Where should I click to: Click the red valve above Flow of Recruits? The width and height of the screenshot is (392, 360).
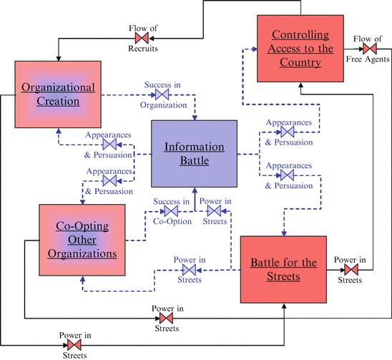pos(143,37)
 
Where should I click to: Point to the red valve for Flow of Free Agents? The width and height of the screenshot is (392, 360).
pos(369,49)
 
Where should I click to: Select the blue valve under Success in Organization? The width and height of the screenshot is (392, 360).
pos(163,94)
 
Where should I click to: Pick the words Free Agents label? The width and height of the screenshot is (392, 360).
pos(369,61)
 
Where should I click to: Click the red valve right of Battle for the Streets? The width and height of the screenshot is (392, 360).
pos(350,270)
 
